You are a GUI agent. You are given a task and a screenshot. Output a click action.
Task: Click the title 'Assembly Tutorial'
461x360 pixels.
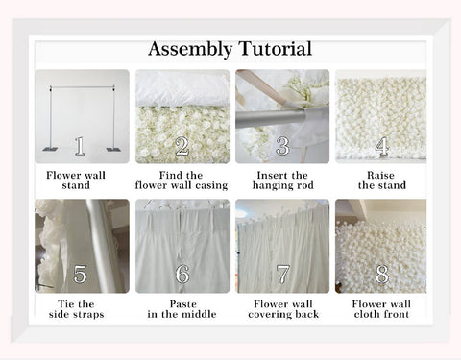(230, 48)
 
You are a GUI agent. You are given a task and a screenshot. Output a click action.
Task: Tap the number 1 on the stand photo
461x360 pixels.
(80, 146)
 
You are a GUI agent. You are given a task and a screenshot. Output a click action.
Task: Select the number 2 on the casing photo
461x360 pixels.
(182, 147)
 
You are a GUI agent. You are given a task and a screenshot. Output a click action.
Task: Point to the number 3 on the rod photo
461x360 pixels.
(282, 146)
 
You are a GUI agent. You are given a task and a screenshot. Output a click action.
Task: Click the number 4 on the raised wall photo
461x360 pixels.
(381, 146)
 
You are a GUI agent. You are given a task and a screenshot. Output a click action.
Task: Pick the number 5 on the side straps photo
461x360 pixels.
(80, 276)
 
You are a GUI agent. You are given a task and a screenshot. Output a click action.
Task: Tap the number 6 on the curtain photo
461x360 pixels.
(182, 276)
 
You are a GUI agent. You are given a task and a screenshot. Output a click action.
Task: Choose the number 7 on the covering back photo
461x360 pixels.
(282, 276)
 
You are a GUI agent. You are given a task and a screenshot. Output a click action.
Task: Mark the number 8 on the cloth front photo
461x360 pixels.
(381, 276)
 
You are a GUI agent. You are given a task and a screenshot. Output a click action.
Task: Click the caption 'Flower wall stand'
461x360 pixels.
(81, 180)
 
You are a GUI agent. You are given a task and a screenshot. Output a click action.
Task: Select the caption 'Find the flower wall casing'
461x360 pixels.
(182, 180)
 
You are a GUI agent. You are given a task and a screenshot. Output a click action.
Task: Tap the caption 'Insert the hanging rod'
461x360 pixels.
(282, 180)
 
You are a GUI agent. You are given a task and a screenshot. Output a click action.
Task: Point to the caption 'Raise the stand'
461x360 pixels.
(381, 180)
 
